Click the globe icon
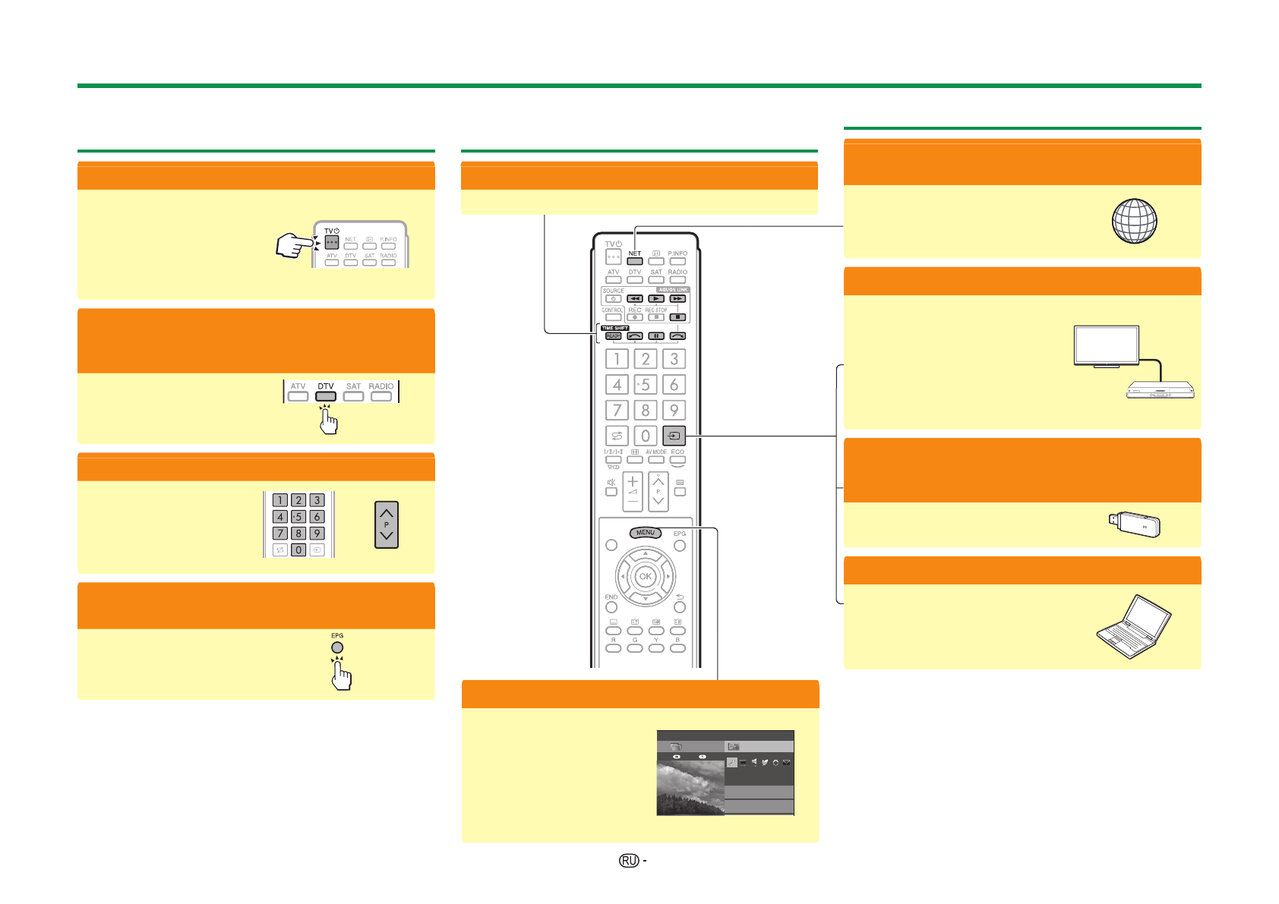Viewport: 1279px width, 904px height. point(1134,221)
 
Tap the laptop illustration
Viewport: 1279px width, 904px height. point(1134,626)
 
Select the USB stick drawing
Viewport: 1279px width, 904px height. point(1134,524)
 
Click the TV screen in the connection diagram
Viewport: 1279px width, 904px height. point(1106,345)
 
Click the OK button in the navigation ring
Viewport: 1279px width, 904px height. point(645,576)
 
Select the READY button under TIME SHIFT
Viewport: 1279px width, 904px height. point(613,335)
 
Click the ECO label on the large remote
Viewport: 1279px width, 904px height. point(677,452)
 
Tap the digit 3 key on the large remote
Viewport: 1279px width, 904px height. point(674,359)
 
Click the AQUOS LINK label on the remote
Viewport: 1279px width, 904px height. point(673,289)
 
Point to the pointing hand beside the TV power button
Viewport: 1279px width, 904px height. point(293,245)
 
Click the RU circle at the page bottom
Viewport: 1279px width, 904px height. point(628,860)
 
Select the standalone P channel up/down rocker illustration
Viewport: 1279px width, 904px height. point(387,524)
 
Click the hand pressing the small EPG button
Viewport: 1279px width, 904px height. point(342,674)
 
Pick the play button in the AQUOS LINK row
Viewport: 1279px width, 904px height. point(656,298)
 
